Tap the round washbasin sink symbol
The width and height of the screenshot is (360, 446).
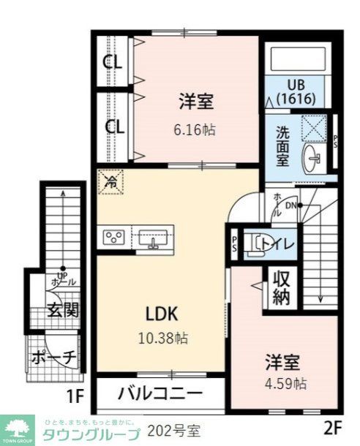click(x=315, y=155)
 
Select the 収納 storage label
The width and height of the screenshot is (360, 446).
click(x=282, y=287)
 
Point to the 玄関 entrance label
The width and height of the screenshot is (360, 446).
click(x=64, y=309)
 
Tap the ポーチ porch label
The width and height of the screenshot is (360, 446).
click(x=54, y=358)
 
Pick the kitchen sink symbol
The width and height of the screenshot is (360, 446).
click(x=153, y=237)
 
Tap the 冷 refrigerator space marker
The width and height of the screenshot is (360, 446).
click(x=112, y=181)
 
